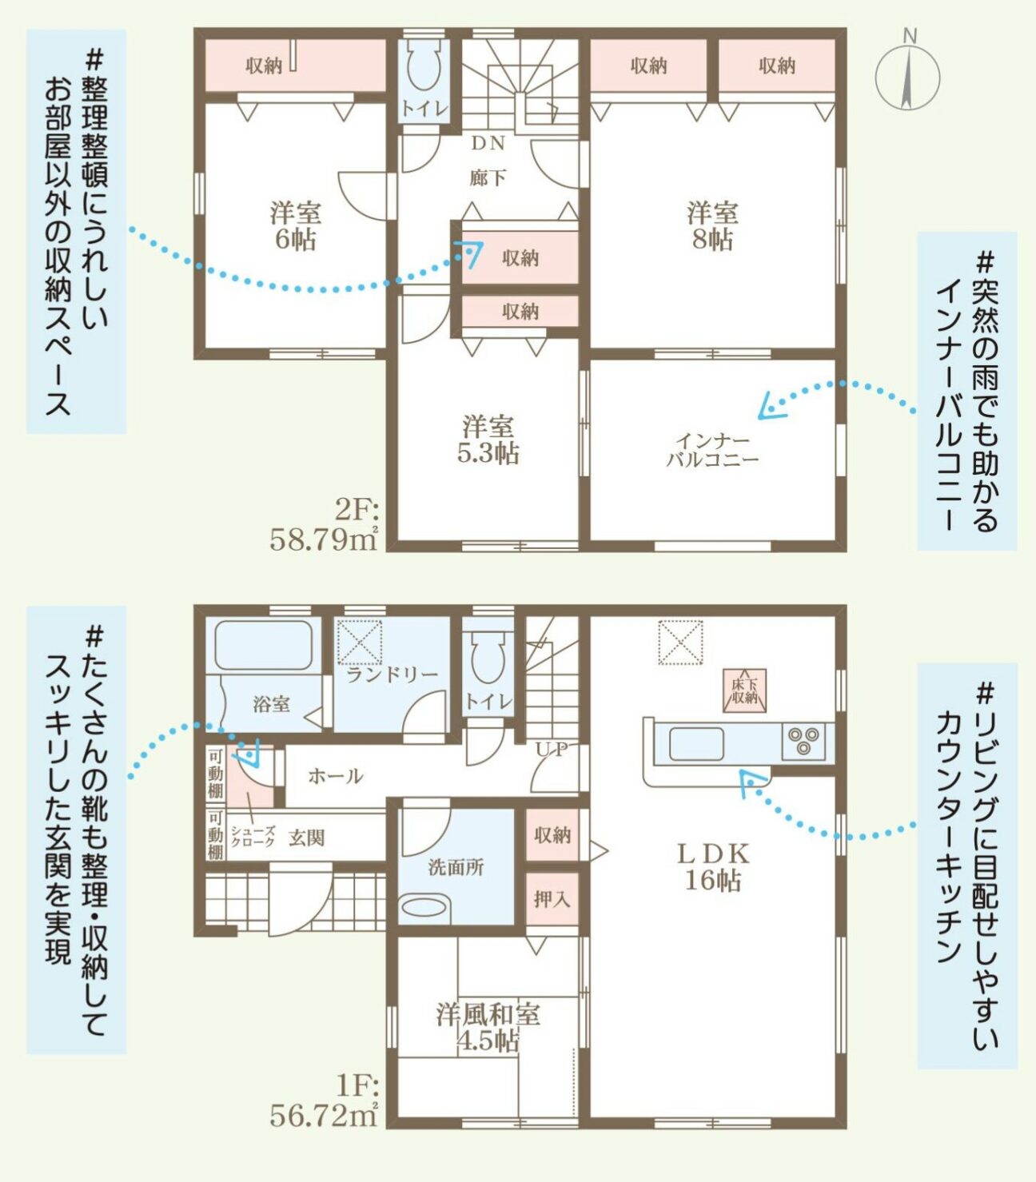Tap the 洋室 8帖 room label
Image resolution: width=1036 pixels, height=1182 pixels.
712,226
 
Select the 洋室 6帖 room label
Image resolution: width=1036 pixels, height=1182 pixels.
295,226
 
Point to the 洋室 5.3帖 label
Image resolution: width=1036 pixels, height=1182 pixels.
488,440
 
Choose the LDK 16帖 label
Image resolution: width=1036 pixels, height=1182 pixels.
713,867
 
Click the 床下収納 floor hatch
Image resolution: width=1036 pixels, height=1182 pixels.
745,690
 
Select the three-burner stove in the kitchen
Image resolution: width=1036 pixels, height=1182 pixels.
803,742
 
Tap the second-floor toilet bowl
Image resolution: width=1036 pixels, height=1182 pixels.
424,66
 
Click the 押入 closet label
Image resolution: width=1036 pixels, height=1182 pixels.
552,899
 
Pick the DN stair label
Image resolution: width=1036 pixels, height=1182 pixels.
488,143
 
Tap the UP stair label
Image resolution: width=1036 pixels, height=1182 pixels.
552,749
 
